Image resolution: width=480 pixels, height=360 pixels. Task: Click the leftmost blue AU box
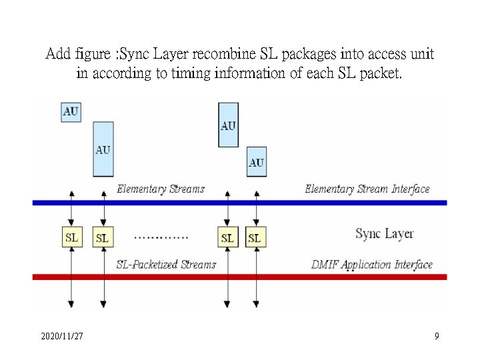coord(71,111)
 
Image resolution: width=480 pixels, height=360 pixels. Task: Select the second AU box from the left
coord(103,149)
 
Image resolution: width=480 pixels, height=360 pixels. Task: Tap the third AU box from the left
coord(228,125)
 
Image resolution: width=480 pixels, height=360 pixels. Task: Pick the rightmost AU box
coord(256,162)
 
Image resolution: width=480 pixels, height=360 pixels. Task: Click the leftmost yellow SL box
coord(72,237)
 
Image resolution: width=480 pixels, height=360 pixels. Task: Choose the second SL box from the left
coord(102,237)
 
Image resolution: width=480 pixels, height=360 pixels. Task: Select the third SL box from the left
coord(227,237)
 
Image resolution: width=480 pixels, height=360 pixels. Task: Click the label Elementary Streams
coord(161,189)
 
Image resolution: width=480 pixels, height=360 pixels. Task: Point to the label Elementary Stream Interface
coord(367,189)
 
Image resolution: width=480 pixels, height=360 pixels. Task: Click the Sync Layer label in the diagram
coord(385,233)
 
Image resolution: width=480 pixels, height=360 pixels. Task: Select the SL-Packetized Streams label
coord(166,265)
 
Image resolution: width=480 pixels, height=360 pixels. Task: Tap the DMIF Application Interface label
coord(372,265)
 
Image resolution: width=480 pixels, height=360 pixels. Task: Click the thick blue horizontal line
coord(240,202)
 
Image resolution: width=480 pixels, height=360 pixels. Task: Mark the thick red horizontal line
coord(240,277)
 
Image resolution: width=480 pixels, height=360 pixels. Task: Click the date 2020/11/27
coord(62,337)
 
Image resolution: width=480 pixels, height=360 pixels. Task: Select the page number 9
coord(437,337)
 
